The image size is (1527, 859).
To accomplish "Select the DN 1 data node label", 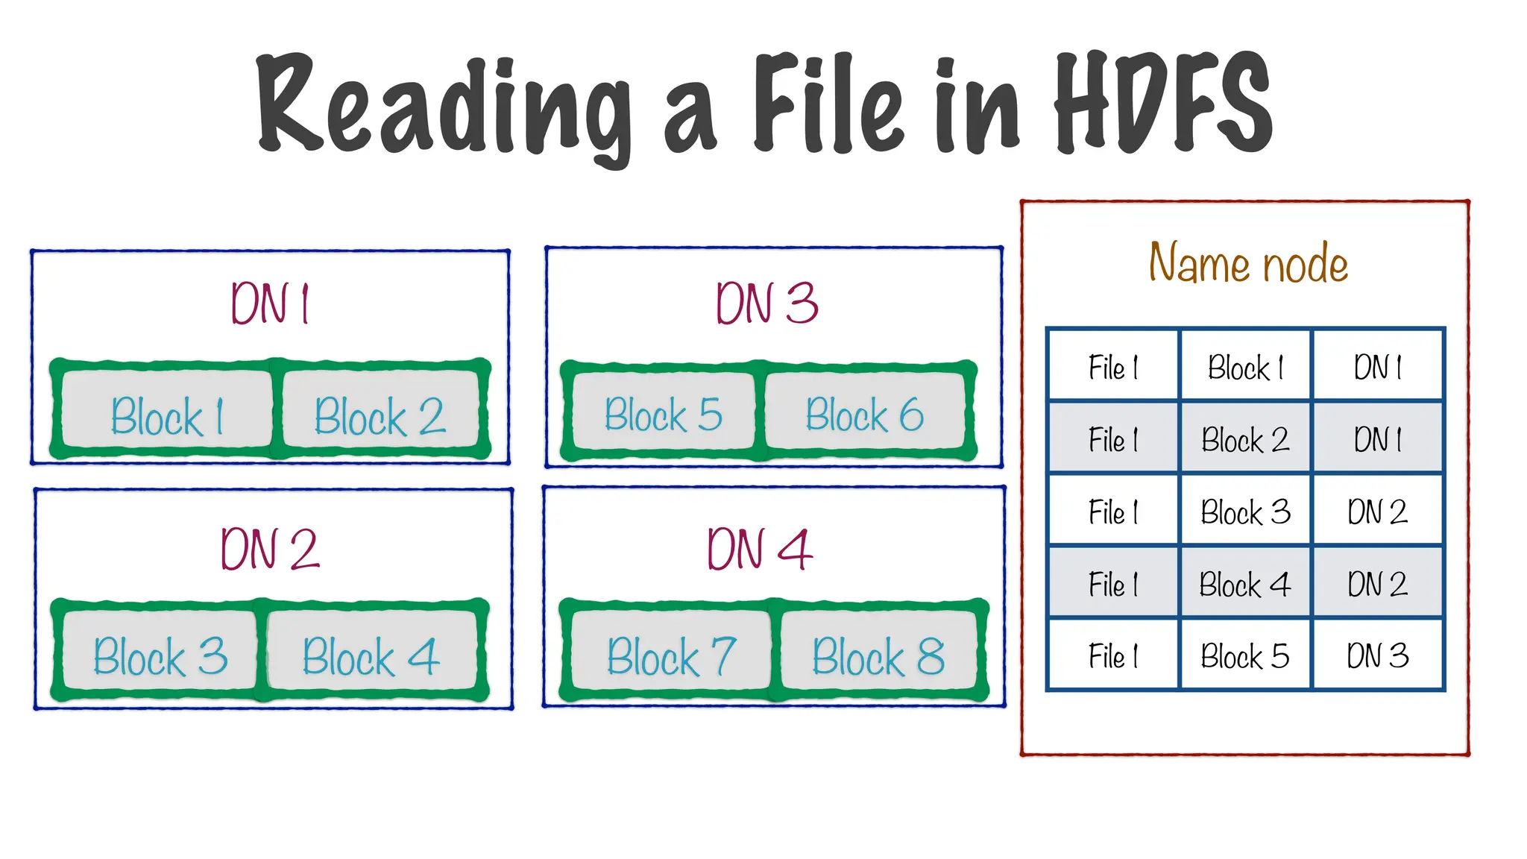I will tap(270, 304).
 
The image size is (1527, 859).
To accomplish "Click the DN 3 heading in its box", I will tap(766, 304).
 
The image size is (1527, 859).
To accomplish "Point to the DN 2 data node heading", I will tap(270, 550).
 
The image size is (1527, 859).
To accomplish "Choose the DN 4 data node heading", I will tap(759, 550).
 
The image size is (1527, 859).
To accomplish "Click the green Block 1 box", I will tap(167, 415).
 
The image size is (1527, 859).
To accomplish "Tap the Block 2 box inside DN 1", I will tap(380, 415).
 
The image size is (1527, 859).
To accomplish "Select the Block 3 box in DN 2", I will tap(160, 655).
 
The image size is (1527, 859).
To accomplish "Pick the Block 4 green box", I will tap(371, 655).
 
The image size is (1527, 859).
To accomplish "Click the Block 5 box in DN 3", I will tap(663, 414).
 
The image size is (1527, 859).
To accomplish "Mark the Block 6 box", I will tap(865, 414).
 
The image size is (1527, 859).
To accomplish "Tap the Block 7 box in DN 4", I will tap(671, 655).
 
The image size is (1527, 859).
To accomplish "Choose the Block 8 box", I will tap(878, 655).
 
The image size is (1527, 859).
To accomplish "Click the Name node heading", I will tap(1248, 263).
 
